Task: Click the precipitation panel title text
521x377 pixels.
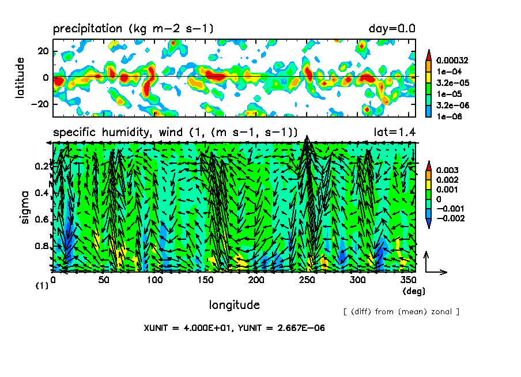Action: pyautogui.click(x=133, y=28)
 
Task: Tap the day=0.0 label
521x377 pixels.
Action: pyautogui.click(x=392, y=28)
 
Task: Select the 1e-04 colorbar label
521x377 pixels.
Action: pyautogui.click(x=446, y=71)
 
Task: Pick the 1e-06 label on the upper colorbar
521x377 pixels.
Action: pyautogui.click(x=446, y=116)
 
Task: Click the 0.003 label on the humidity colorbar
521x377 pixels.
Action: pyautogui.click(x=446, y=170)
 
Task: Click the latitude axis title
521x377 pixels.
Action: pyautogui.click(x=20, y=77)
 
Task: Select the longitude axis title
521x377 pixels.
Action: pyautogui.click(x=234, y=304)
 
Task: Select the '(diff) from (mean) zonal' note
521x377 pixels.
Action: pyautogui.click(x=401, y=311)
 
